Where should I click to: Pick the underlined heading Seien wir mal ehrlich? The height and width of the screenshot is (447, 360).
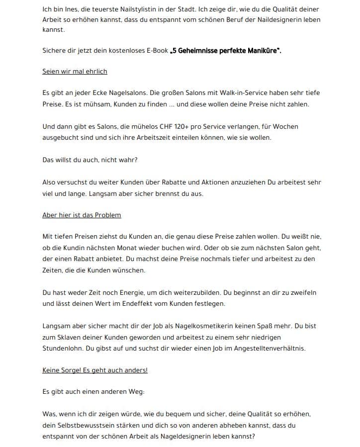75,71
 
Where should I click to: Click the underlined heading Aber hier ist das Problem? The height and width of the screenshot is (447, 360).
82,215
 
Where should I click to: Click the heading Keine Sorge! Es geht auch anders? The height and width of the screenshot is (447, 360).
95,370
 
